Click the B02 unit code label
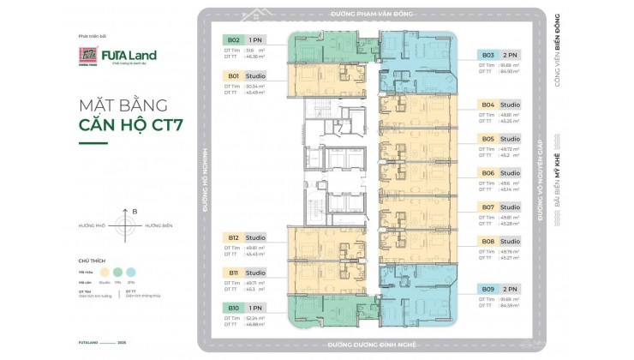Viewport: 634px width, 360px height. click(x=233, y=39)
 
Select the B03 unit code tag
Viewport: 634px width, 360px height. click(x=487, y=53)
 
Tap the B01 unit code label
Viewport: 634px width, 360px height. click(x=233, y=75)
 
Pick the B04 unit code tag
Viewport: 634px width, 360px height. click(x=487, y=105)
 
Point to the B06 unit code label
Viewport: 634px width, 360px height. click(x=487, y=172)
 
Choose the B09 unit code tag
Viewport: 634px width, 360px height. click(x=487, y=289)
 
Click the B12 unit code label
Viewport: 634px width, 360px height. click(x=233, y=237)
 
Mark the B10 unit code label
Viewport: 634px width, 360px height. click(x=233, y=307)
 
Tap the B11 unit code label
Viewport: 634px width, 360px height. click(x=233, y=273)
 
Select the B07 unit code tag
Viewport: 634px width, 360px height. click(x=487, y=207)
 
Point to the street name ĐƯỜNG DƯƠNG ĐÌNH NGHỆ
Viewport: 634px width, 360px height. click(x=369, y=345)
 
